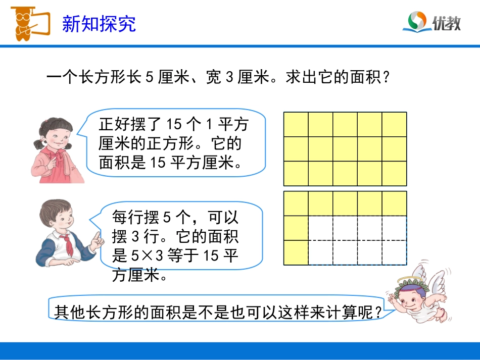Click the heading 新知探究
coord(99,24)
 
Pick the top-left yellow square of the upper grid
coord(296,124)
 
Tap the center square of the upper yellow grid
coord(345,149)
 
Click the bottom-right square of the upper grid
coord(394,173)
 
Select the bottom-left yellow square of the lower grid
coord(296,252)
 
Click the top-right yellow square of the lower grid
coord(394,203)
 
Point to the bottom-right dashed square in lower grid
coord(394,252)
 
